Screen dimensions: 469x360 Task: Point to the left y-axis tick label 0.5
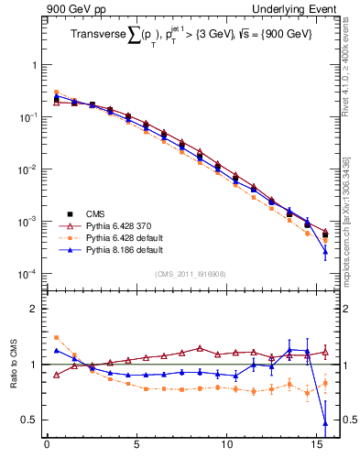click(x=29, y=420)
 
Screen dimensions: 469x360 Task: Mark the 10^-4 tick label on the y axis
click(x=27, y=274)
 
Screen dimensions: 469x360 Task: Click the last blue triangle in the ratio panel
click(x=325, y=423)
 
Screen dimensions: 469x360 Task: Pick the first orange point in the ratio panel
click(x=56, y=337)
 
